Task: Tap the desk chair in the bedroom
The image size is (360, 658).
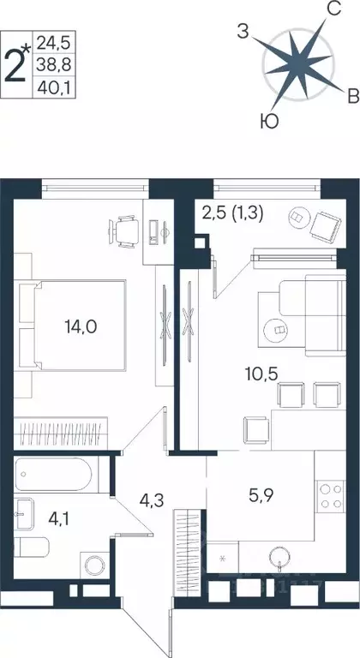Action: (x=123, y=230)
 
